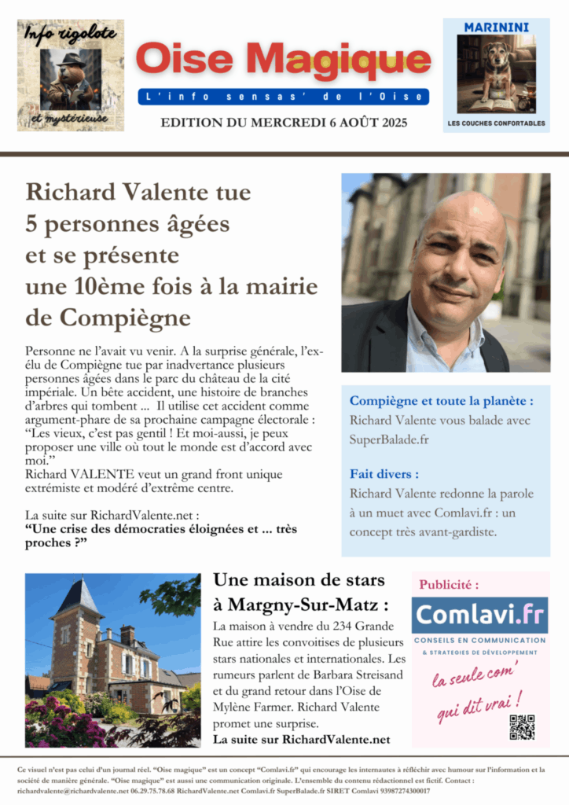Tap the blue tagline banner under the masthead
coord(283,97)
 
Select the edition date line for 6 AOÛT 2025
coord(283,123)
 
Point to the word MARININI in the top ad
coord(496,27)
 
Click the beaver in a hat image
coord(69,79)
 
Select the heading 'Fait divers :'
coord(384,474)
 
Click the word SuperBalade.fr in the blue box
coord(389,439)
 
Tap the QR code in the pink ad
coord(522,726)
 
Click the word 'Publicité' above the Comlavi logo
coord(449,585)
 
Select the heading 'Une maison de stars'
coord(299,581)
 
